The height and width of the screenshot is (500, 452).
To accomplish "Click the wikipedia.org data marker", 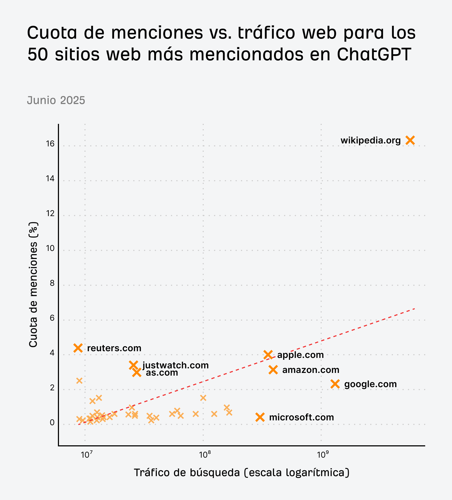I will pyautogui.click(x=410, y=140).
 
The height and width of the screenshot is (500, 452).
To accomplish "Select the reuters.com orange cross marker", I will pyautogui.click(x=78, y=348).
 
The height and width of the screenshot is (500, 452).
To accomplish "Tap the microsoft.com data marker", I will pyautogui.click(x=260, y=417).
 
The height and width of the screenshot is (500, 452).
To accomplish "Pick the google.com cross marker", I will pyautogui.click(x=335, y=384).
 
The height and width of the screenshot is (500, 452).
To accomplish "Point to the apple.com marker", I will pyautogui.click(x=268, y=355).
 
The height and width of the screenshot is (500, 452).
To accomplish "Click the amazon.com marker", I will pyautogui.click(x=273, y=370).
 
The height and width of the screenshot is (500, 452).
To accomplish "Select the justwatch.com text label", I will pyautogui.click(x=176, y=365).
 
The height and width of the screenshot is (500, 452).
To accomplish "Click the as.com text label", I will pyautogui.click(x=162, y=373).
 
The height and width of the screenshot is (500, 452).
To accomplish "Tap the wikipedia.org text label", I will pyautogui.click(x=371, y=140).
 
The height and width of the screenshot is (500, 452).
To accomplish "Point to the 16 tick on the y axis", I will pyautogui.click(x=50, y=144).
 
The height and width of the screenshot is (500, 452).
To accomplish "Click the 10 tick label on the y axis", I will pyautogui.click(x=50, y=249).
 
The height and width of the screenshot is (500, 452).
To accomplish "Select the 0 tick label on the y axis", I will pyautogui.click(x=52, y=423).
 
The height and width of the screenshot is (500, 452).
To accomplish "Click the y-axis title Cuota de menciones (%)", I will pyautogui.click(x=33, y=285).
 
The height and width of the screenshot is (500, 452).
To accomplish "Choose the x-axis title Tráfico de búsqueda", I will pyautogui.click(x=241, y=472).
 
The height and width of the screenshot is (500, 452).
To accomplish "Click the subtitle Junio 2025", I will pyautogui.click(x=56, y=100).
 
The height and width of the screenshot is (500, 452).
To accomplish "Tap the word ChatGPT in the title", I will pyautogui.click(x=374, y=54).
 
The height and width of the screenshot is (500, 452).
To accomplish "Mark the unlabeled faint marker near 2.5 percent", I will pyautogui.click(x=79, y=381).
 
